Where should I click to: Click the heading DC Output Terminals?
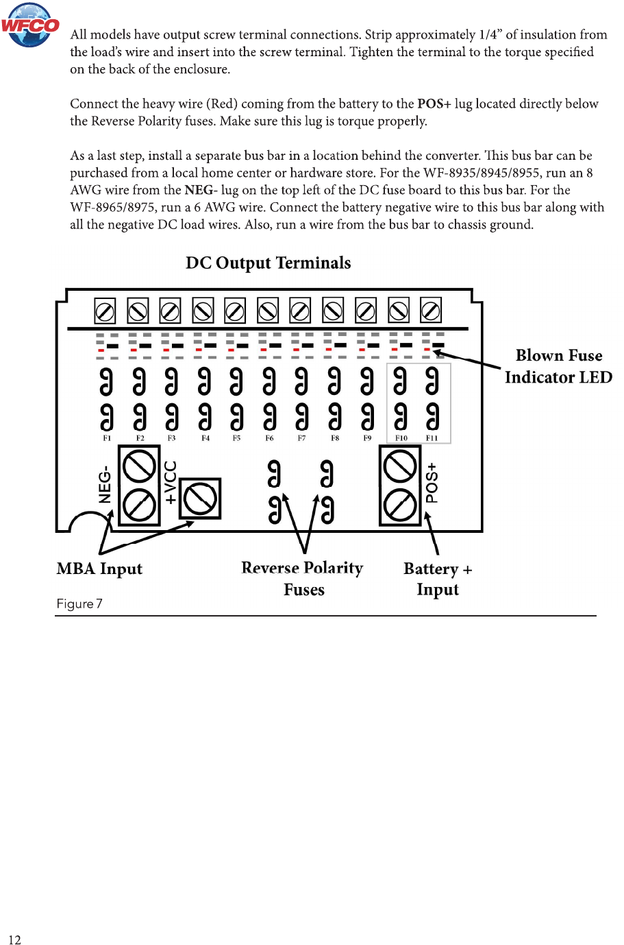pyautogui.click(x=268, y=263)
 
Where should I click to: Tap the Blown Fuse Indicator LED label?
pyautogui.click(x=558, y=366)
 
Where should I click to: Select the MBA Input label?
pyautogui.click(x=99, y=569)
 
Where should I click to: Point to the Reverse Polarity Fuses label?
pyautogui.click(x=303, y=578)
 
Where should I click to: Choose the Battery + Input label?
pyautogui.click(x=438, y=579)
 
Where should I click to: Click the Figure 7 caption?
pyautogui.click(x=79, y=603)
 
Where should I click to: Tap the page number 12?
pyautogui.click(x=14, y=940)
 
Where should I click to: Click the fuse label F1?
pyautogui.click(x=107, y=438)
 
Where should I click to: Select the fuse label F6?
pyautogui.click(x=269, y=438)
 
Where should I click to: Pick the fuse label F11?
pyautogui.click(x=432, y=438)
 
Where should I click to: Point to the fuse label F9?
pyautogui.click(x=367, y=438)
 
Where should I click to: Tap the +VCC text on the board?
pyautogui.click(x=171, y=482)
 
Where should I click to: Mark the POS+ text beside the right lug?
pyautogui.click(x=432, y=483)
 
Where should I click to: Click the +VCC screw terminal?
pyautogui.click(x=200, y=499)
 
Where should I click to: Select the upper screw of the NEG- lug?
pyautogui.click(x=139, y=467)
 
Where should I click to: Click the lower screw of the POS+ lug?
pyautogui.click(x=400, y=506)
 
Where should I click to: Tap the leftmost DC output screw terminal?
pyautogui.click(x=105, y=312)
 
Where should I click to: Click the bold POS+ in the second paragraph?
pyautogui.click(x=434, y=104)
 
